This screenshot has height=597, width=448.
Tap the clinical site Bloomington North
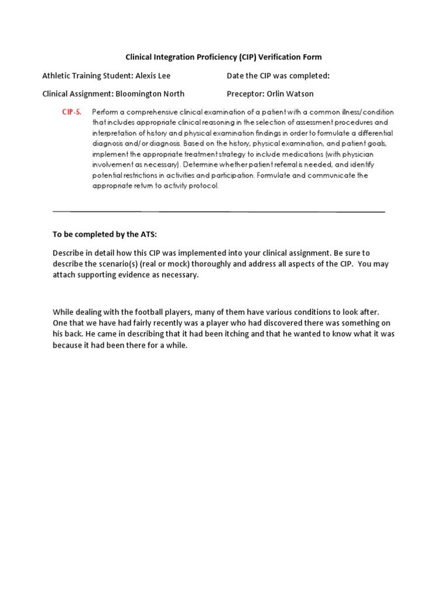150,93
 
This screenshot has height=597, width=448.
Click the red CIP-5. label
72,112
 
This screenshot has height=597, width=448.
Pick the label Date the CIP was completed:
278,76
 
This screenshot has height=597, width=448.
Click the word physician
356,154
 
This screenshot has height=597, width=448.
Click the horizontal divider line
219,212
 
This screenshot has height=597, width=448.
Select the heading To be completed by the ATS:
105,234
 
